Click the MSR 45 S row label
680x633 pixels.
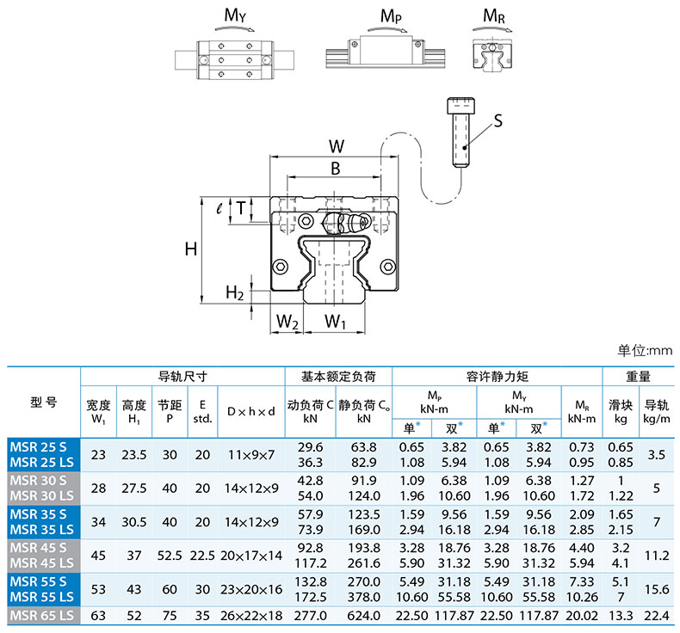click(x=38, y=548)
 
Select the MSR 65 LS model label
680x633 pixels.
click(x=41, y=616)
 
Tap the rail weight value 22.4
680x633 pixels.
click(x=657, y=616)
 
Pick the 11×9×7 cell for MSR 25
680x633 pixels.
click(x=251, y=455)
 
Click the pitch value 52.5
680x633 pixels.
click(x=170, y=556)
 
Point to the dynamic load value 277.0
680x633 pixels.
click(x=311, y=616)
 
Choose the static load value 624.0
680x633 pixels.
click(x=364, y=616)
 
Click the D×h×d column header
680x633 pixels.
click(x=251, y=412)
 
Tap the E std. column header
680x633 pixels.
click(x=202, y=412)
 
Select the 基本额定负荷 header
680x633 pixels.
click(x=338, y=377)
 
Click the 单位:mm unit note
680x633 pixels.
click(x=645, y=350)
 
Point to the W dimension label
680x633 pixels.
click(x=336, y=146)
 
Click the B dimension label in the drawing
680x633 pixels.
click(x=335, y=169)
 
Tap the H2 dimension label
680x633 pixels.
click(x=235, y=293)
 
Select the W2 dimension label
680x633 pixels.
click(x=287, y=322)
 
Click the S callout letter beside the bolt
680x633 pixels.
click(x=498, y=120)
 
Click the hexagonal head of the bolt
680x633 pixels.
click(x=461, y=105)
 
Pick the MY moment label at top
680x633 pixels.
click(x=235, y=15)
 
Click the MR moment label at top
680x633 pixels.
click(x=494, y=16)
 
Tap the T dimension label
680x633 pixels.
click(x=241, y=208)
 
